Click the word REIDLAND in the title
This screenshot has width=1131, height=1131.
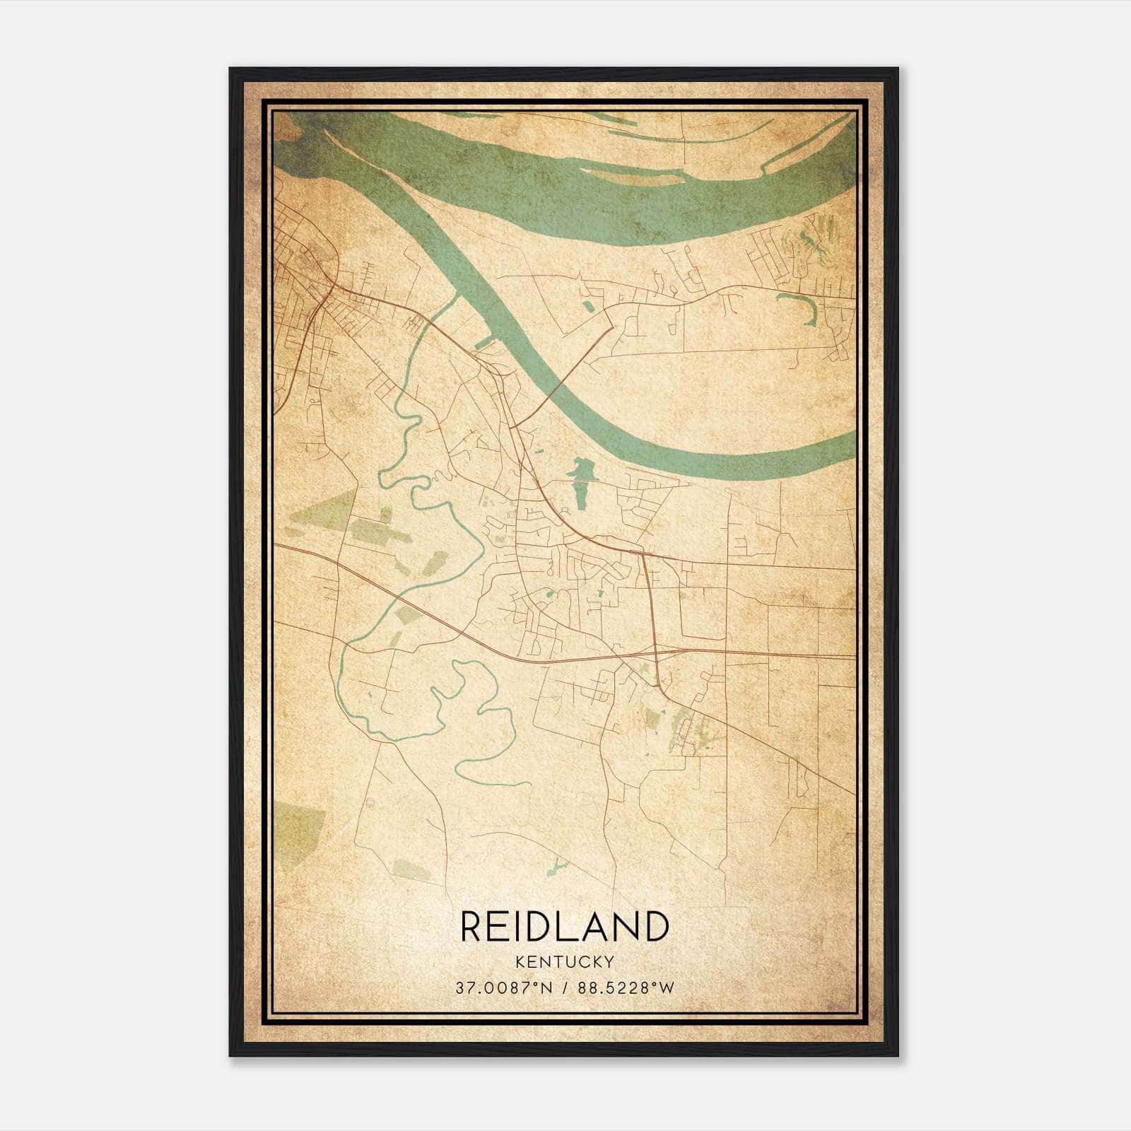click(x=564, y=927)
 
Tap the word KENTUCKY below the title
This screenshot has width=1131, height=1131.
click(x=564, y=962)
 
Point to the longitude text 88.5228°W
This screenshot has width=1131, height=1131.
click(x=626, y=988)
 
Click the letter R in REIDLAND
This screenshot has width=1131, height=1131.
click(x=473, y=927)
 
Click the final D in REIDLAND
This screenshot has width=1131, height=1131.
click(x=655, y=927)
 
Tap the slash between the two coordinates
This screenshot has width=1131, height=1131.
click(x=565, y=988)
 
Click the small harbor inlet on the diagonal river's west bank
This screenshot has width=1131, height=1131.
click(x=484, y=344)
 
